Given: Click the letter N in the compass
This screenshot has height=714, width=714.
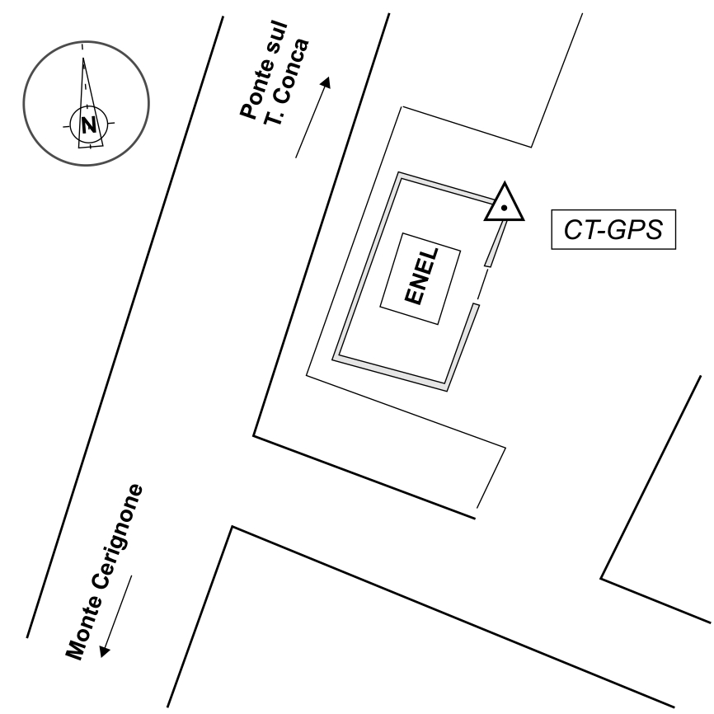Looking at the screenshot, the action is pyautogui.click(x=88, y=125).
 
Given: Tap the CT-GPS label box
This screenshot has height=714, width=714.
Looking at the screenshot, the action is pyautogui.click(x=613, y=230).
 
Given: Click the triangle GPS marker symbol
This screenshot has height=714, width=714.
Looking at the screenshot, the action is pyautogui.click(x=504, y=204).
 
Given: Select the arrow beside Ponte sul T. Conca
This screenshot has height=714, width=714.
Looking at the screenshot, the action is pyautogui.click(x=313, y=117).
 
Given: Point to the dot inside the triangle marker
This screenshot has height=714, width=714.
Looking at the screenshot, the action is pyautogui.click(x=504, y=208).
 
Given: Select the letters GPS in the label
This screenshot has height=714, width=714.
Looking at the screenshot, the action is pyautogui.click(x=635, y=230).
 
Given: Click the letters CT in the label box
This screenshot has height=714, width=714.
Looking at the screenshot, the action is pyautogui.click(x=578, y=230).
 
